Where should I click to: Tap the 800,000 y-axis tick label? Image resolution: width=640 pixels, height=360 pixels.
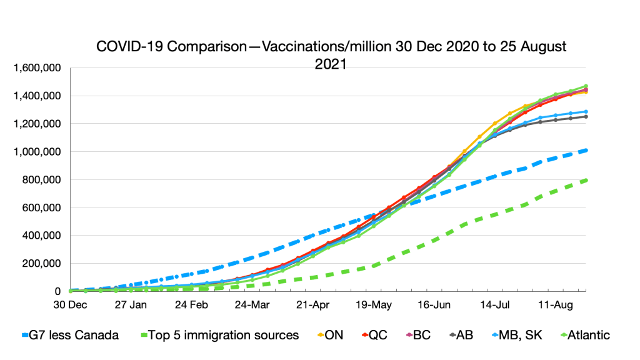tap(41, 179)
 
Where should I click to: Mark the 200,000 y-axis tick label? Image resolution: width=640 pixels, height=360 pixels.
tap(41, 263)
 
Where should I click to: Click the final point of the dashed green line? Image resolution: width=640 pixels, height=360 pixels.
tap(586, 180)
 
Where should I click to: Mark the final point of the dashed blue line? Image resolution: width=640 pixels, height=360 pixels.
tap(586, 150)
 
